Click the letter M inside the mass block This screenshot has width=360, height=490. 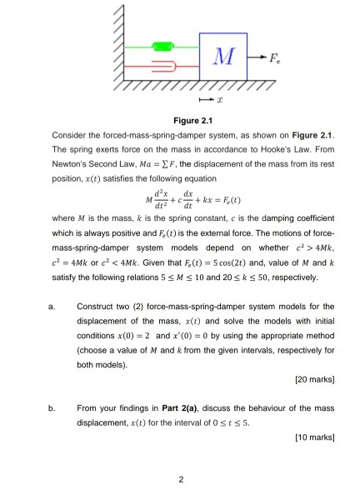pyautogui.click(x=221, y=56)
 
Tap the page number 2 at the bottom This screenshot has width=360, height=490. pyautogui.click(x=180, y=477)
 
